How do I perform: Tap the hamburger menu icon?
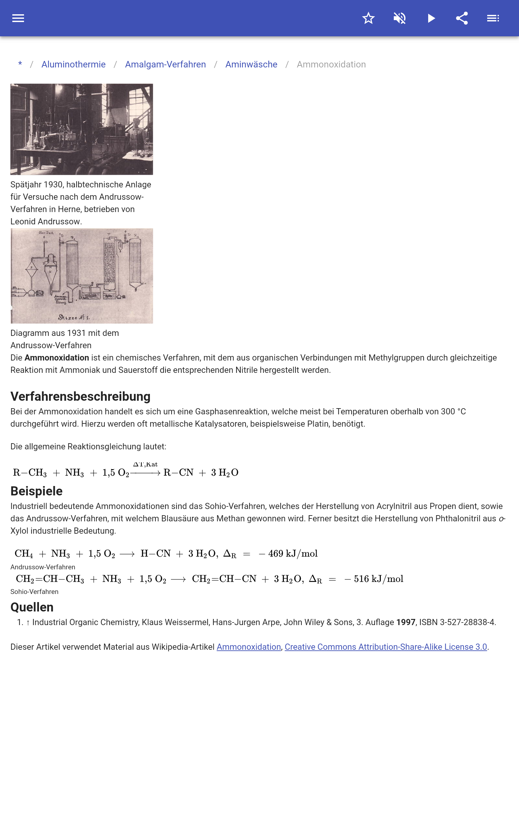coord(18,18)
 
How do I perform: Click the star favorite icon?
coord(368,18)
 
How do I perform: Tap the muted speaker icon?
coord(400,18)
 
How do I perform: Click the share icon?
coord(462,18)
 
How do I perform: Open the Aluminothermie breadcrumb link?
coord(73,65)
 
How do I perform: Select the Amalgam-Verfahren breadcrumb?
coord(165,65)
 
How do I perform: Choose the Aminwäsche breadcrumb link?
coord(251,65)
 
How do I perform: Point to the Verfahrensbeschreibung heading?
coord(80,397)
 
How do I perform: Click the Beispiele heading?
coord(36,491)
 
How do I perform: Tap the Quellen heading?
coord(32,607)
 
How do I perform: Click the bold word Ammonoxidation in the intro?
coord(57,358)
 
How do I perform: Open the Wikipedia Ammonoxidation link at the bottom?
coord(248,647)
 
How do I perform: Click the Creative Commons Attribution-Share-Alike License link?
coord(385,647)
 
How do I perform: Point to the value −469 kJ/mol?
coord(288,553)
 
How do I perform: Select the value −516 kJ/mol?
coord(374,579)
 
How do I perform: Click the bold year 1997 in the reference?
coord(406,622)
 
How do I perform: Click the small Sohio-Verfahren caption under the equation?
coord(34,592)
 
